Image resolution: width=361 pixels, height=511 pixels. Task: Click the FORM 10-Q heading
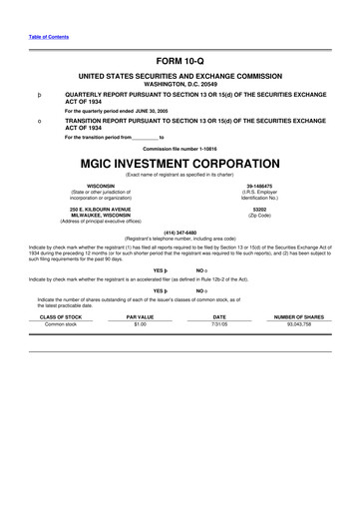pyautogui.click(x=180, y=60)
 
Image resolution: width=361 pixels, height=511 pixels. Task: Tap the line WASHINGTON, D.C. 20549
pyautogui.click(x=180, y=82)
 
